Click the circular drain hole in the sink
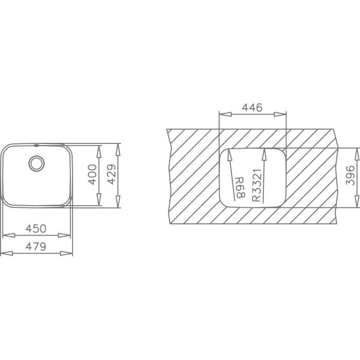37,164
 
